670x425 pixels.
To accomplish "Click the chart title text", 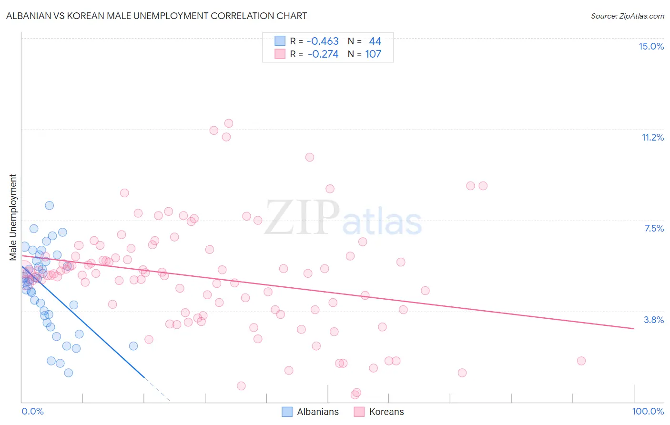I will click(x=156, y=16).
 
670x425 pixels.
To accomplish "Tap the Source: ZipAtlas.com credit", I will click(x=627, y=16).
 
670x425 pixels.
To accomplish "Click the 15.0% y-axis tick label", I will click(x=651, y=46).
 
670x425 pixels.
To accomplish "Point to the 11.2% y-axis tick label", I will click(x=652, y=137).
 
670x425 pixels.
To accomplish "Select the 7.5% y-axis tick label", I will click(x=654, y=228).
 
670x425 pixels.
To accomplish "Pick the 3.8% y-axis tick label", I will click(x=654, y=320).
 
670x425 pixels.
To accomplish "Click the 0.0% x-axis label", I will click(x=32, y=411).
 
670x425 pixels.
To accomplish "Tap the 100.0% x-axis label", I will click(x=648, y=411).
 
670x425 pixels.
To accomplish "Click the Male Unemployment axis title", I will click(x=13, y=217).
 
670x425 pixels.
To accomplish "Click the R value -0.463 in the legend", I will click(x=323, y=41).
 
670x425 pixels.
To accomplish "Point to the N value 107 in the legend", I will click(x=373, y=54).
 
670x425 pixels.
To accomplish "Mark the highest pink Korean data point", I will click(x=229, y=123).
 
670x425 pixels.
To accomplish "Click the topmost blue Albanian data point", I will click(x=49, y=205).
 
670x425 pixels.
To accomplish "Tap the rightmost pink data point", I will click(x=581, y=361).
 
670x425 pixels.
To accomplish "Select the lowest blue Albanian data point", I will click(x=69, y=373).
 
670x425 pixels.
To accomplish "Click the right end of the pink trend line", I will click(x=634, y=328).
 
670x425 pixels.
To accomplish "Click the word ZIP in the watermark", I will click(x=302, y=218).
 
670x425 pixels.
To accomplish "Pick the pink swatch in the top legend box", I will click(x=280, y=54).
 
